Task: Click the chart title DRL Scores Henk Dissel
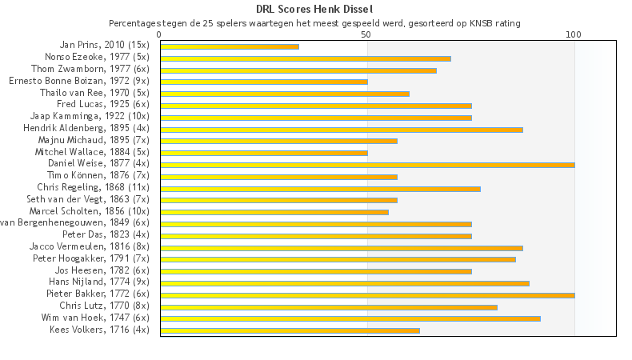315,9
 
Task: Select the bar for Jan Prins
230,46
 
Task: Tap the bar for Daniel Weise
367,165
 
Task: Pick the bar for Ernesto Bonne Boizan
264,82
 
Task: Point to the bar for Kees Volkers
290,330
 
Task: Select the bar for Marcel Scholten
274,212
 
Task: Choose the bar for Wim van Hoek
350,318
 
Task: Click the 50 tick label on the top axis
367,34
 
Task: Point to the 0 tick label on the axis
160,34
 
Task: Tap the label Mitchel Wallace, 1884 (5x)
92,151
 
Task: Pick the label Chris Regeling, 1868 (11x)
94,187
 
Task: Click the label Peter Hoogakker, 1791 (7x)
91,258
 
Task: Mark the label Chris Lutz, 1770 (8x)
105,306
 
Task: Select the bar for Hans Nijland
345,283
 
